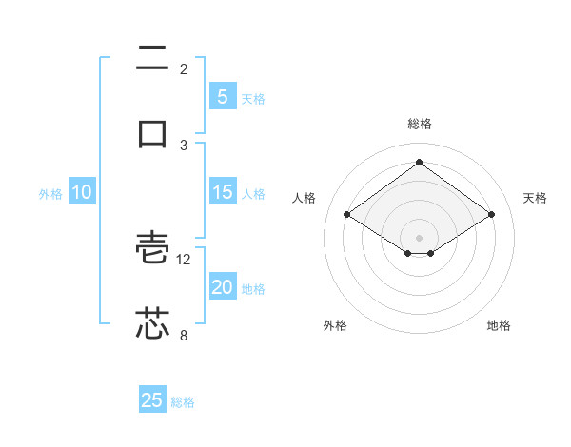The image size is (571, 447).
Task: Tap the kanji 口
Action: [153, 132]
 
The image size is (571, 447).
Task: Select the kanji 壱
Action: [153, 249]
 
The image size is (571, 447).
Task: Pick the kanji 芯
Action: [153, 323]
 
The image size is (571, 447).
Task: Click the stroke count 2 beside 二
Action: [184, 69]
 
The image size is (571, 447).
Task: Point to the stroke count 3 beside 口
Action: [184, 145]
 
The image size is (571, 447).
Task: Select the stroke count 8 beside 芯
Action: [184, 335]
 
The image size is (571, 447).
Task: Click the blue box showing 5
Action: [223, 97]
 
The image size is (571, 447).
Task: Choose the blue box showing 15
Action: [223, 192]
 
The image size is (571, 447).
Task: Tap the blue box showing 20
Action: [223, 288]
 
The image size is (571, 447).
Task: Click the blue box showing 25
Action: [152, 400]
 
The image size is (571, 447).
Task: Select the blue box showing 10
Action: [82, 192]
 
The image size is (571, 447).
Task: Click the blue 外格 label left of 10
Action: [50, 194]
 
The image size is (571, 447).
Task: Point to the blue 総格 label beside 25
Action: [184, 402]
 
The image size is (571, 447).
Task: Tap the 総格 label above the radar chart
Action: [420, 124]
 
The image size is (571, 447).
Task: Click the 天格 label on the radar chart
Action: [536, 198]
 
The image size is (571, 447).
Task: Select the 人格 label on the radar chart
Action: [304, 198]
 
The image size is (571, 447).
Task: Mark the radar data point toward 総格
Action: [420, 163]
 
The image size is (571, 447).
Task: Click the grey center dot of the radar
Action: [420, 237]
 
